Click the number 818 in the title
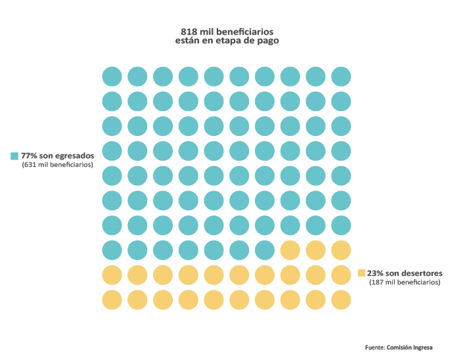(x=189, y=31)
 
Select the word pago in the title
(x=268, y=40)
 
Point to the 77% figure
(x=29, y=156)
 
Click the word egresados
(x=76, y=156)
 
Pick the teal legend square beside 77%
(x=14, y=156)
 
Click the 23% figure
(x=375, y=273)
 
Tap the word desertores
(x=420, y=273)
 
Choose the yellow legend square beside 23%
(x=361, y=273)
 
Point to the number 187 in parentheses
(x=378, y=282)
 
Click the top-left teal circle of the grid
(x=112, y=76)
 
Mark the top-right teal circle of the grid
(x=341, y=76)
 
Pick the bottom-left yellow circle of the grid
(x=112, y=300)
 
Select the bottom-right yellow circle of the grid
(x=341, y=300)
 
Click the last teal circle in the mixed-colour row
(x=265, y=250)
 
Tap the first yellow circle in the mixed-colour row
(x=290, y=250)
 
